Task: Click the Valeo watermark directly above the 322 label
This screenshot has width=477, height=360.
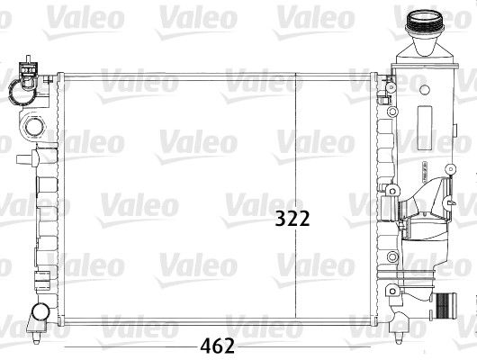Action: point(301,139)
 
